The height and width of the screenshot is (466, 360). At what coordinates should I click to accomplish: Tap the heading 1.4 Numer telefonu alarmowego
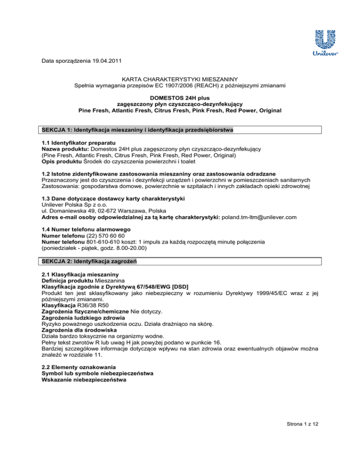88,228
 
